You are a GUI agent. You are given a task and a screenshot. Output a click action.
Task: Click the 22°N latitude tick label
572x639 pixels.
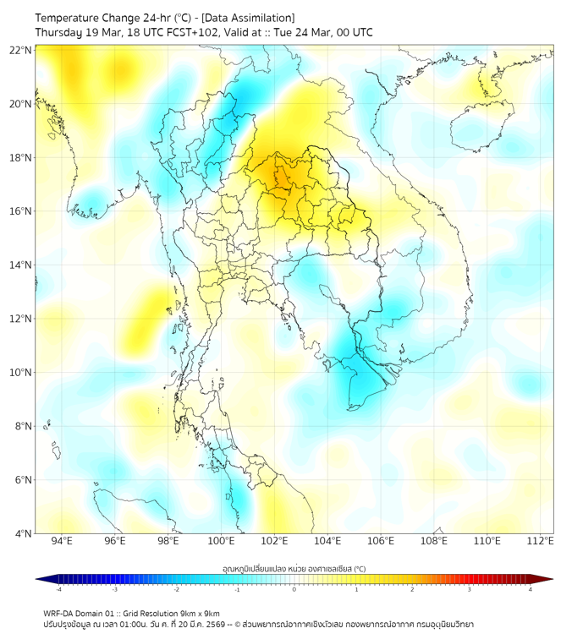pos(21,51)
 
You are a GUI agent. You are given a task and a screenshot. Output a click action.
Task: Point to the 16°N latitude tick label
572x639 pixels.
pos(21,211)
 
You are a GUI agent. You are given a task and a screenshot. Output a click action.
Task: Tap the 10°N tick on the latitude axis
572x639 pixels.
pos(21,373)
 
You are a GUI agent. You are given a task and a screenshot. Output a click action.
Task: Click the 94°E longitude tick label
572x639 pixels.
pos(62,542)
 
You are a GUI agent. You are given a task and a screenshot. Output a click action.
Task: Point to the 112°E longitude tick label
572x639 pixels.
pos(540,542)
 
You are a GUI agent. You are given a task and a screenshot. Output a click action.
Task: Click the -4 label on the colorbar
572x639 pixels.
pos(58,590)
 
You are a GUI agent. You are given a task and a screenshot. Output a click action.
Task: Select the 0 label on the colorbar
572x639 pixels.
pos(294,590)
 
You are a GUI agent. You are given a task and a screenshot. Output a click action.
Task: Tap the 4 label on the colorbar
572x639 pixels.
pos(530,590)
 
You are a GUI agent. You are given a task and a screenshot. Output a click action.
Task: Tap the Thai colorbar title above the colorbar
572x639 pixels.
pos(294,568)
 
